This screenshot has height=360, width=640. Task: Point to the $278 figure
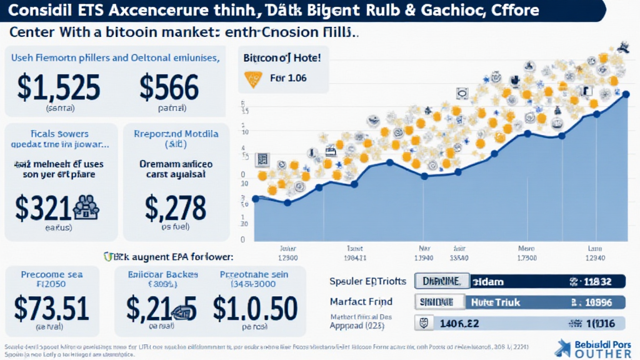point(175,207)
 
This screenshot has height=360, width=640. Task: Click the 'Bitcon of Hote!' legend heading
point(281,58)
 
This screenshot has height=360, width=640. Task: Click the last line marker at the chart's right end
point(626,95)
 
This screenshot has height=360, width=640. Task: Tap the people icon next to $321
point(86,207)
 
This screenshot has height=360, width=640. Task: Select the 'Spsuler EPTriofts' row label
point(367,281)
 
